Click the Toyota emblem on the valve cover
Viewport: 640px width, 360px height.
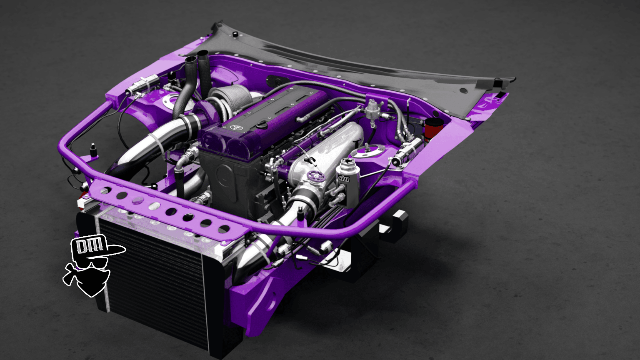tap(237, 128)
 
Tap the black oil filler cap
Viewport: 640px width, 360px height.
tap(262, 125)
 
